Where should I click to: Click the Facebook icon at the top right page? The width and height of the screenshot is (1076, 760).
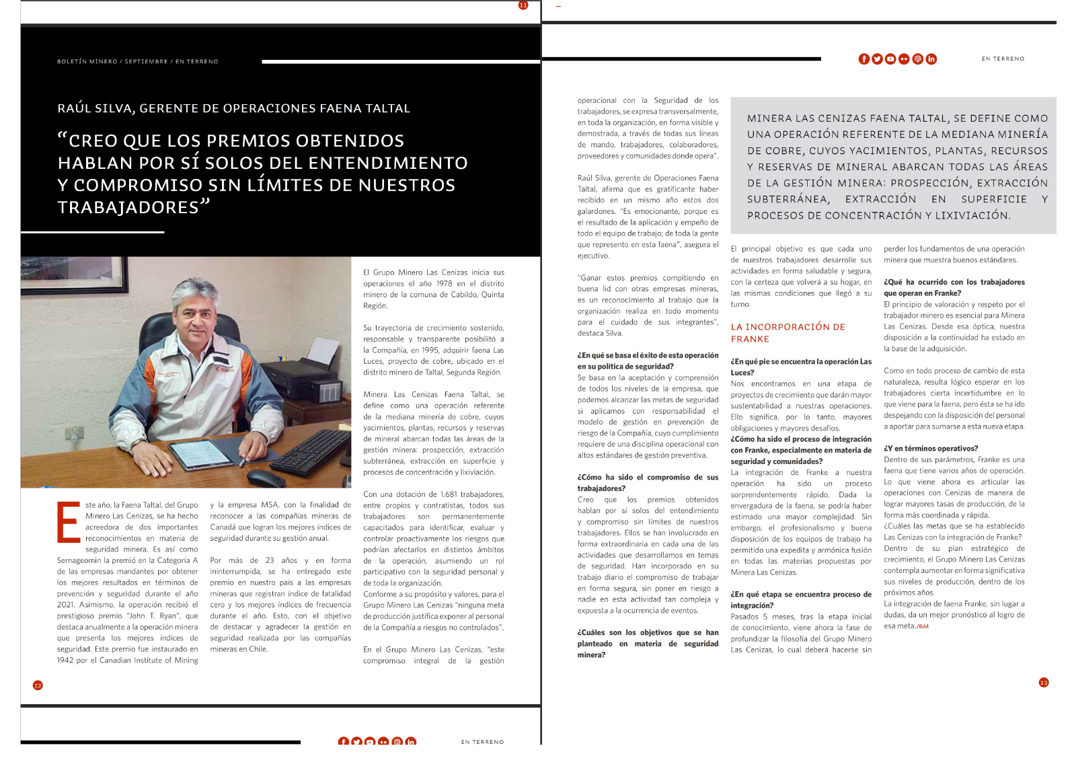(864, 59)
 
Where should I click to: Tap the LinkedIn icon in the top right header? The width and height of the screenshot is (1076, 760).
(931, 59)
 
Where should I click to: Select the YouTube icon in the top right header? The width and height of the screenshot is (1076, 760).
(890, 59)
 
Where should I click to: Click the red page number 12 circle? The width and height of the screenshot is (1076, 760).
(38, 685)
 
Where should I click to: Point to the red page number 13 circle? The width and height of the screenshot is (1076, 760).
(1044, 683)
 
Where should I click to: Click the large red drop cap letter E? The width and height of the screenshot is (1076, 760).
(68, 522)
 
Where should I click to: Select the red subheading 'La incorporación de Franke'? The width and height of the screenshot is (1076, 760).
(787, 333)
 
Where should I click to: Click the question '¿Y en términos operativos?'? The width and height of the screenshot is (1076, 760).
(931, 449)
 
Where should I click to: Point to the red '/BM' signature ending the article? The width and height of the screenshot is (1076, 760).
(923, 627)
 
